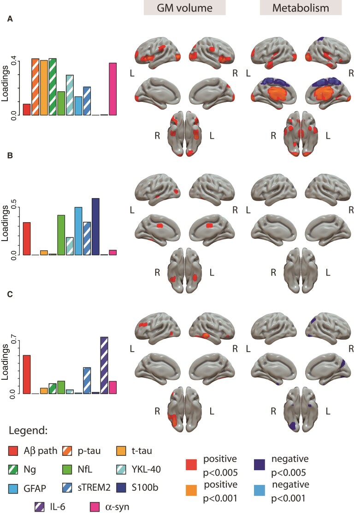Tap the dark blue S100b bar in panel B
point(95,226)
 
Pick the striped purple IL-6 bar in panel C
point(104,366)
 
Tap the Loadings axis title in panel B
point(6,224)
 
